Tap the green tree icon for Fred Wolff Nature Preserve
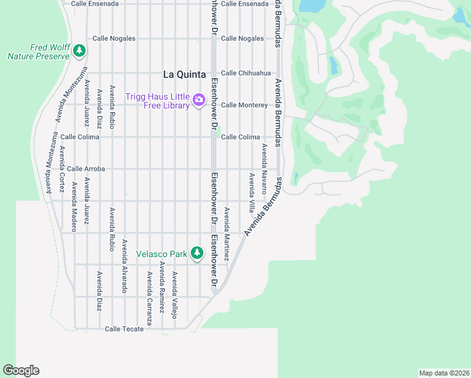click(79, 50)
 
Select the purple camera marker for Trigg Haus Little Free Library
click(199, 100)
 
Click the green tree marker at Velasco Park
click(198, 253)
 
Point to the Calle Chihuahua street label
click(245, 73)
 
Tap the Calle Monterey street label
click(244, 105)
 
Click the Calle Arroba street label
click(86, 169)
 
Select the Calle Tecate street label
click(120, 329)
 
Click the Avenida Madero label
click(74, 207)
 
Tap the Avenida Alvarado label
click(125, 266)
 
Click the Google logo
click(21, 370)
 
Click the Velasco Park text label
click(162, 254)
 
